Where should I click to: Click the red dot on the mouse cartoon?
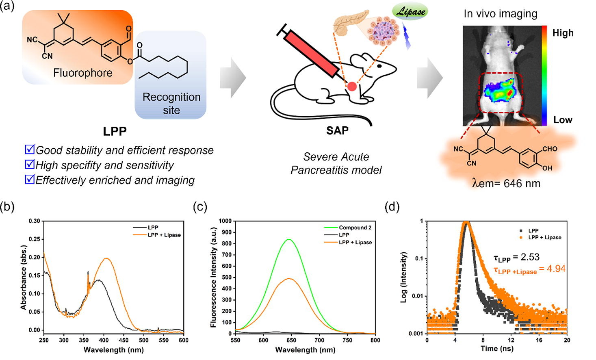[352, 86]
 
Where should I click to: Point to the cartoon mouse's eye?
[379, 65]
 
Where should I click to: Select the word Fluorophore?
[83, 73]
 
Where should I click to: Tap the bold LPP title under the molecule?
[115, 131]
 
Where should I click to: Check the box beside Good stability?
[30, 150]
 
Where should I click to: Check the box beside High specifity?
[30, 164]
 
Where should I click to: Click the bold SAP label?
[337, 130]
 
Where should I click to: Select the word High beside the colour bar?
[563, 33]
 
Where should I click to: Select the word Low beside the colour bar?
[563, 120]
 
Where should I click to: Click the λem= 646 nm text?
[506, 184]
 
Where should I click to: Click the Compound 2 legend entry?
[355, 228]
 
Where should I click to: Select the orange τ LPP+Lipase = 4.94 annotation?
[529, 269]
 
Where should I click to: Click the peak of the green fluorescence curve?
[289, 240]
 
